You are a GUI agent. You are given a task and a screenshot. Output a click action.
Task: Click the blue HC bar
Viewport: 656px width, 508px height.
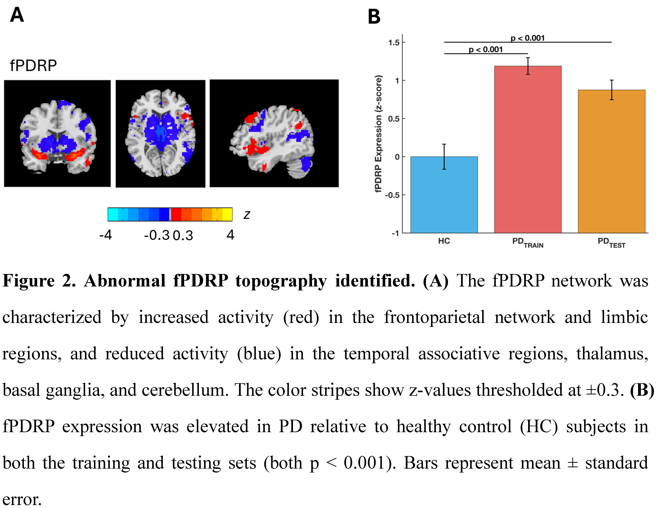pyautogui.click(x=444, y=195)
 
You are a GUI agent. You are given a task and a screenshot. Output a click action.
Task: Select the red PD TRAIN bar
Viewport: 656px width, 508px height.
pyautogui.click(x=528, y=149)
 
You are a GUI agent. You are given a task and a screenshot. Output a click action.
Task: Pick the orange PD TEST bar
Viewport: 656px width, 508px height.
pyautogui.click(x=612, y=161)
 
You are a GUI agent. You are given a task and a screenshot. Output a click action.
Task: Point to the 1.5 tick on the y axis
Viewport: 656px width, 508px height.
pyautogui.click(x=394, y=43)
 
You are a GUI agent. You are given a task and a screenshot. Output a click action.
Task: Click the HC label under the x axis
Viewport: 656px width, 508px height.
pyautogui.click(x=444, y=241)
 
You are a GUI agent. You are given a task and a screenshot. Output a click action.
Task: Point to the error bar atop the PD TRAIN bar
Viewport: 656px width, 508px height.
pyautogui.click(x=528, y=66)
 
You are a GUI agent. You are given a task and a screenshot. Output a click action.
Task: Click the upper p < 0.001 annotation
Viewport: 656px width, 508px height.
pyautogui.click(x=528, y=38)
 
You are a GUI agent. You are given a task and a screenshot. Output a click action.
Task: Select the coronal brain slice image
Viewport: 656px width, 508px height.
pyautogui.click(x=57, y=133)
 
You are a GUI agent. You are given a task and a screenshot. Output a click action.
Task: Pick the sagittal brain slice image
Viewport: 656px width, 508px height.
pyautogui.click(x=274, y=133)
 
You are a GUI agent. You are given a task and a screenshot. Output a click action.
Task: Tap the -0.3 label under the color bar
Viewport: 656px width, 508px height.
pyautogui.click(x=157, y=235)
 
